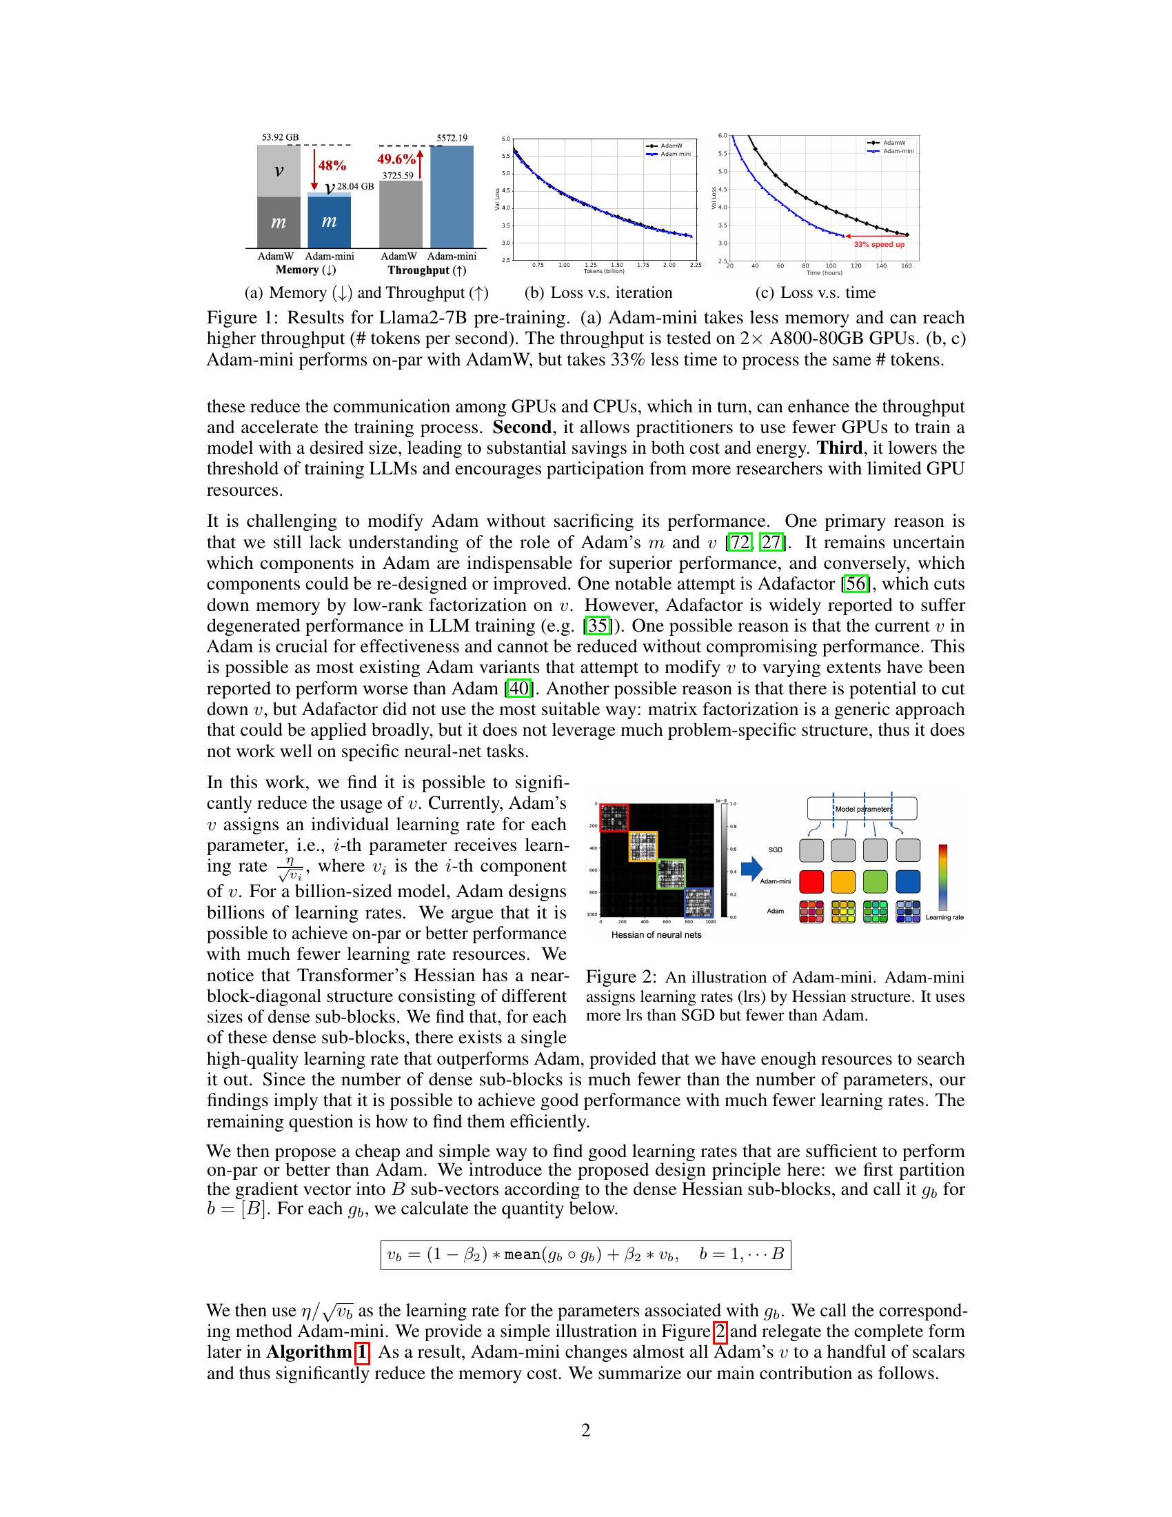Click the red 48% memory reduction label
tap(332, 165)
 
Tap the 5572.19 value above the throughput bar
tap(452, 137)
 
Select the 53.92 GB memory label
tap(280, 137)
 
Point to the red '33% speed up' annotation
tap(878, 245)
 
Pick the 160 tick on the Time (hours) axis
tap(907, 266)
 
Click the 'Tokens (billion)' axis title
tap(604, 271)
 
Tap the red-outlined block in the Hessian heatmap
tap(614, 818)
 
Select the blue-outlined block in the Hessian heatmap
tap(698, 903)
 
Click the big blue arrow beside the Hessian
tap(752, 867)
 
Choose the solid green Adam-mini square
tap(876, 881)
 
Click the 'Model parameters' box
tap(862, 809)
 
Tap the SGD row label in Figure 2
tap(776, 850)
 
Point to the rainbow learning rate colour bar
tap(943, 876)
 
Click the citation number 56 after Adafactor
tap(856, 583)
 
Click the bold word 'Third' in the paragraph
tap(840, 448)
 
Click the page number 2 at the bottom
tap(585, 1430)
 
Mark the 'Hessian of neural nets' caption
tap(656, 935)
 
